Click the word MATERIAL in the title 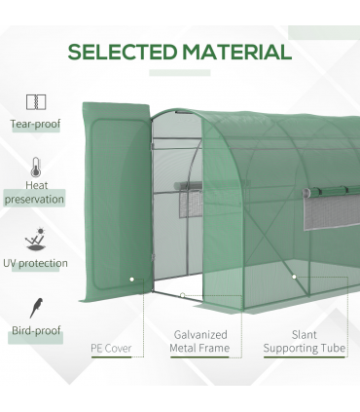coord(231,52)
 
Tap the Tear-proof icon coord(36,102)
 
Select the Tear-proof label coord(36,125)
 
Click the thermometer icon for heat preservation coord(36,167)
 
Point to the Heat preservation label coord(36,191)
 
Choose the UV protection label coord(36,263)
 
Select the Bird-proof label coord(36,331)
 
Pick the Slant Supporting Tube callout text coord(304,340)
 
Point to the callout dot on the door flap coord(132,279)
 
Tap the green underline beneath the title coord(180,73)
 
